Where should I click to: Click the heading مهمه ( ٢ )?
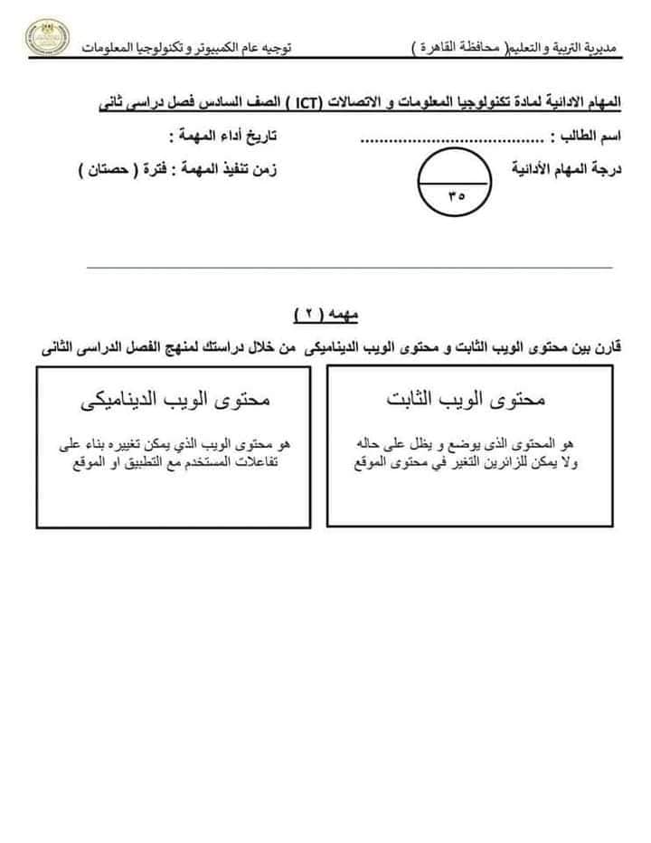point(325,314)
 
